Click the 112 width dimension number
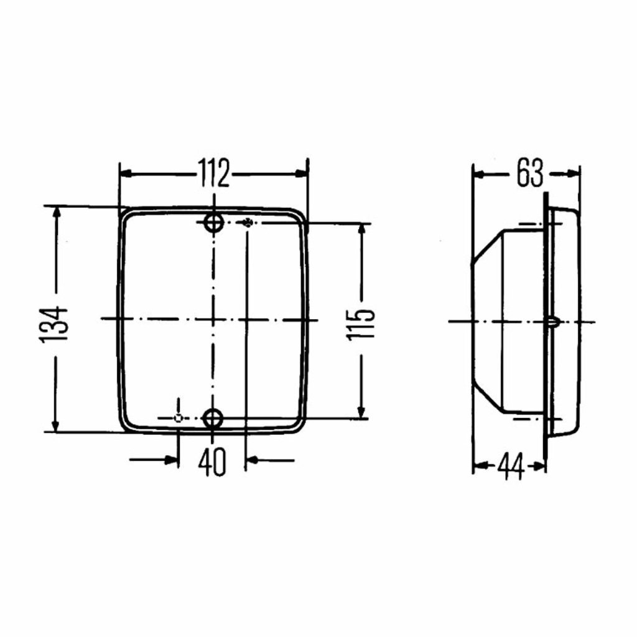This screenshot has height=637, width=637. click(x=214, y=173)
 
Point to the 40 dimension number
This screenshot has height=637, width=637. click(x=212, y=462)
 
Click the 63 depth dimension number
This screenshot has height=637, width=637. click(x=530, y=173)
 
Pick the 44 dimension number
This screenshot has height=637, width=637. click(x=511, y=465)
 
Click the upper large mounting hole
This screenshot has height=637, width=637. click(x=214, y=223)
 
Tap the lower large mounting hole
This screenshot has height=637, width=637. click(x=213, y=418)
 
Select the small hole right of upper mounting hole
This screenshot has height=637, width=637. click(x=248, y=223)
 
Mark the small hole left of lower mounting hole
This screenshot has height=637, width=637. click(x=179, y=418)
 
